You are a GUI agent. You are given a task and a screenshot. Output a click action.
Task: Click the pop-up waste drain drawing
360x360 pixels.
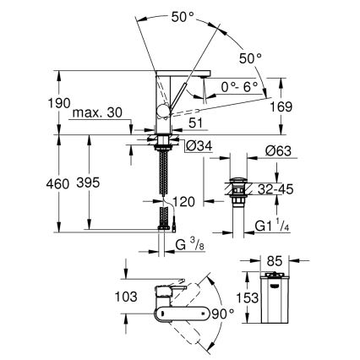[238, 189]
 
